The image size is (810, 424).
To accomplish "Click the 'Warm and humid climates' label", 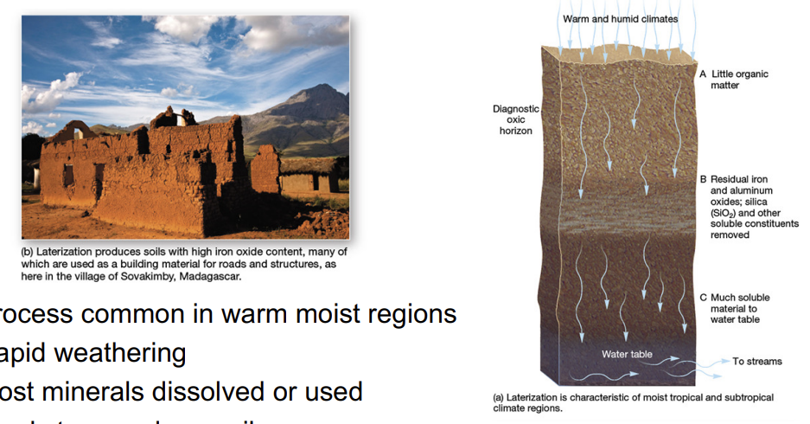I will click(620, 18).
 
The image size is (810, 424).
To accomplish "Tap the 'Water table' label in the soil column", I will click(627, 355).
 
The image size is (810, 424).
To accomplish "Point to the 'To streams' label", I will click(757, 361).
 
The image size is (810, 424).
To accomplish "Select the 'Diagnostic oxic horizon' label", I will click(515, 120).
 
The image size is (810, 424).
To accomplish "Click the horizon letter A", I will click(703, 74).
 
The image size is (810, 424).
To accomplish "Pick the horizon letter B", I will click(703, 179).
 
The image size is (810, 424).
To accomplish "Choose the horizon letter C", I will click(703, 298).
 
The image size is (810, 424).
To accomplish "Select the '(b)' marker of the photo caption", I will click(31, 252).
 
